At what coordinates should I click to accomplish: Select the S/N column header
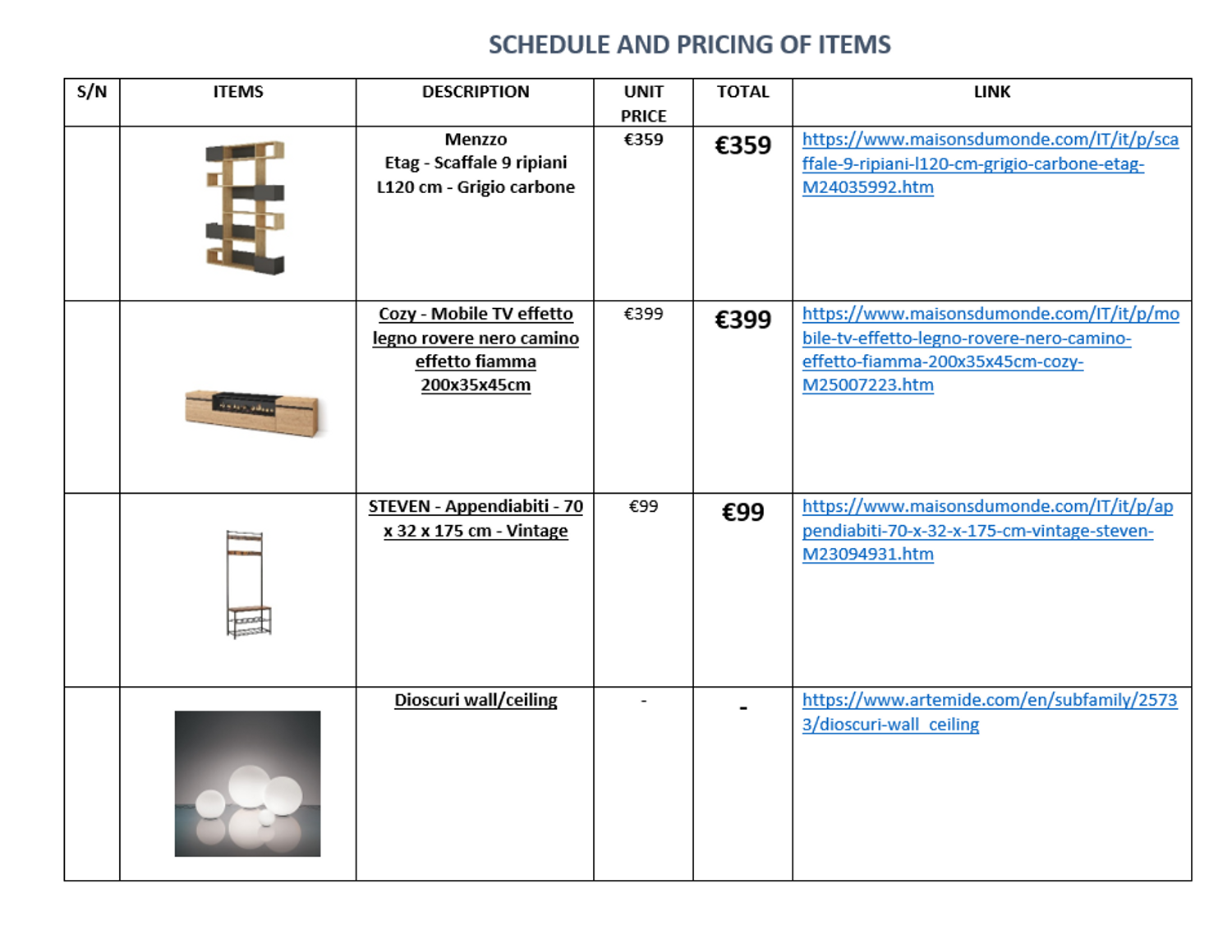pyautogui.click(x=92, y=92)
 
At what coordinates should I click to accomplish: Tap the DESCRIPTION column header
pyautogui.click(x=476, y=92)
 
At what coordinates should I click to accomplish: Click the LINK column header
pyautogui.click(x=991, y=92)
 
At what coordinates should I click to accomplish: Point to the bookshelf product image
pyautogui.click(x=245, y=208)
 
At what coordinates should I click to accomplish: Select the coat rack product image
pyautogui.click(x=247, y=584)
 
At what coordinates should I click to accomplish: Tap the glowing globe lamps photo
pyautogui.click(x=247, y=784)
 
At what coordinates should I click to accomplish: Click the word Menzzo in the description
pyautogui.click(x=476, y=140)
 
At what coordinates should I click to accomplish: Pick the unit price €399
pyautogui.click(x=643, y=314)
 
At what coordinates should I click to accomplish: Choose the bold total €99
pyautogui.click(x=742, y=513)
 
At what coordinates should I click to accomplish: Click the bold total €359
pyautogui.click(x=742, y=145)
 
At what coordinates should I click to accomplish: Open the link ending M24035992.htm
pyautogui.click(x=867, y=187)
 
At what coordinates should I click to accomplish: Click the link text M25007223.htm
pyautogui.click(x=867, y=385)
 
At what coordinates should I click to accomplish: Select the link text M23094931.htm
pyautogui.click(x=867, y=555)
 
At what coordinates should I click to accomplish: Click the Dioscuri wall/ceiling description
pyautogui.click(x=476, y=700)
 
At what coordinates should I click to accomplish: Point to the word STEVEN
pyautogui.click(x=399, y=507)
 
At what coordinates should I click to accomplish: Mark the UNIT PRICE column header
pyautogui.click(x=643, y=104)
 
